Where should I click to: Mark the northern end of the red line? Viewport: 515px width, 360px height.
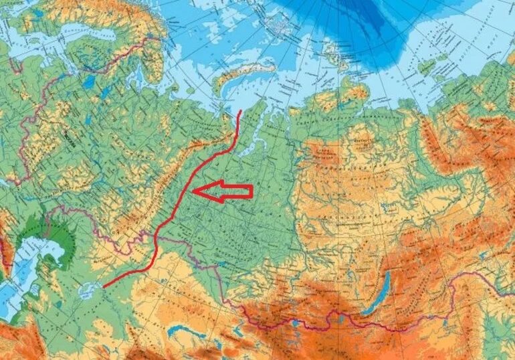(240, 110)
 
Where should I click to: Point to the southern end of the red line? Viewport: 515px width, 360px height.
(105, 285)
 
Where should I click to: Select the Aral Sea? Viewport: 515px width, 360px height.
(86, 291)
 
